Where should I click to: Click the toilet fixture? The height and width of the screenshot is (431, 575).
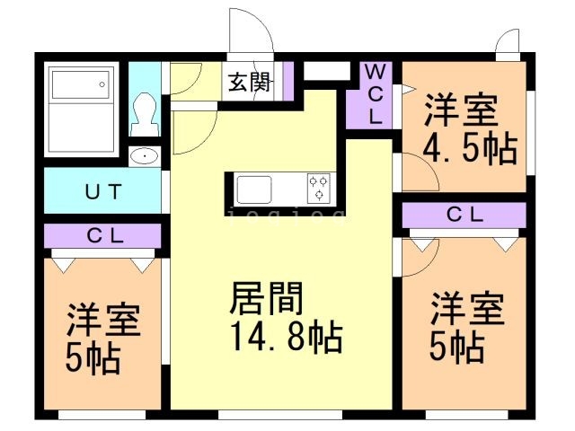[x=146, y=114]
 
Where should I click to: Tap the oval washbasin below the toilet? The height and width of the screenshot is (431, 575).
[x=145, y=156]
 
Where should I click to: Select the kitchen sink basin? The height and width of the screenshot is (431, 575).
[x=254, y=189]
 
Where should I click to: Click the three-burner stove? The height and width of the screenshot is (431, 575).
[x=318, y=188]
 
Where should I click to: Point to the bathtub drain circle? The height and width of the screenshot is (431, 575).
[x=102, y=84]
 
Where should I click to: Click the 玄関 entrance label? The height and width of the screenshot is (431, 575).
[x=249, y=82]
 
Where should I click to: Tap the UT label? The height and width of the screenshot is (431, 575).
[x=103, y=191]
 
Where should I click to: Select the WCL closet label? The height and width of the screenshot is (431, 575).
[x=375, y=95]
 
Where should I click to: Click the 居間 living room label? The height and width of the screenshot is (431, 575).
[x=266, y=298]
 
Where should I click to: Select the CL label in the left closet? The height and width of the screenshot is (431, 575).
[x=105, y=236]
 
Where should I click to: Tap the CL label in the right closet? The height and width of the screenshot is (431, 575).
[x=464, y=215]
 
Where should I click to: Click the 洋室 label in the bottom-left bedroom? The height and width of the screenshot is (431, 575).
[x=104, y=320]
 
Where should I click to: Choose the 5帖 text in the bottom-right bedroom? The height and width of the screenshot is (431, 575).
[x=457, y=347]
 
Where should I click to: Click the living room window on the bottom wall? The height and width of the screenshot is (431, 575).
[x=280, y=415]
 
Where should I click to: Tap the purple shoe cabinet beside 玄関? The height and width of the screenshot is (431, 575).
[x=288, y=81]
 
